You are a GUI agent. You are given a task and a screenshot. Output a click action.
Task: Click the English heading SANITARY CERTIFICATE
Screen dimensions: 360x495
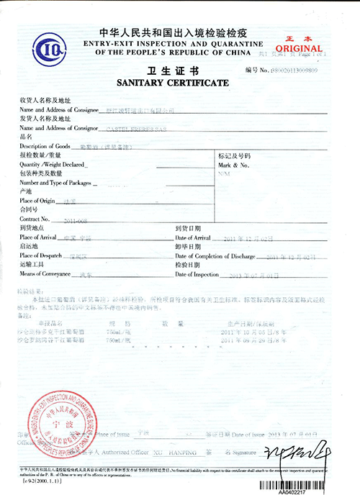pyautogui.click(x=173, y=83)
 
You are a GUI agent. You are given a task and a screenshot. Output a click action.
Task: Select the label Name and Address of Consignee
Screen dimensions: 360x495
pyautogui.click(x=56, y=109)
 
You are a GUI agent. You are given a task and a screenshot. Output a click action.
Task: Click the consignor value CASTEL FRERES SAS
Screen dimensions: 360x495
pyautogui.click(x=137, y=127)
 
